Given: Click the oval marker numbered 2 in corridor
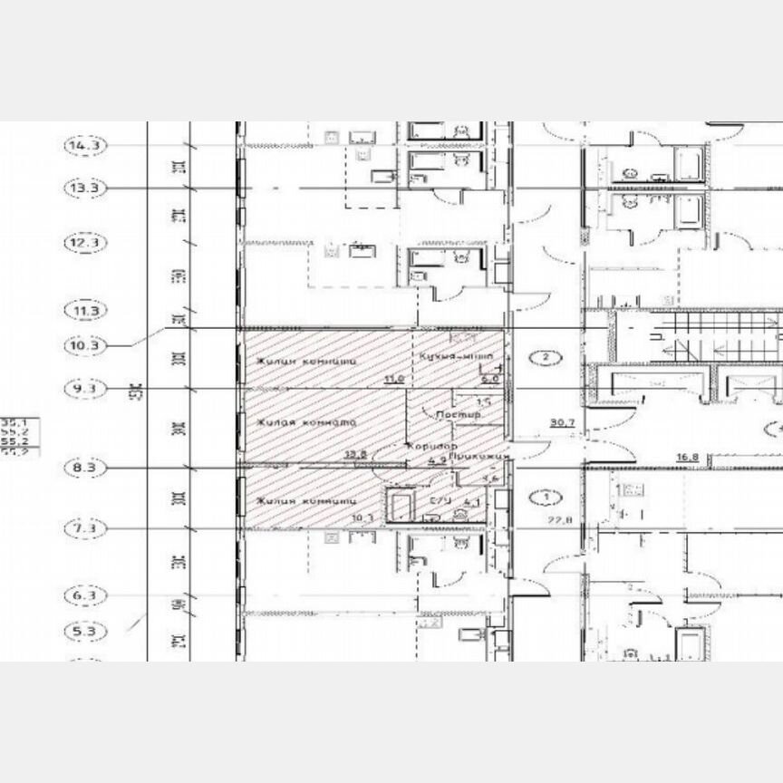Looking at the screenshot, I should pos(545,357).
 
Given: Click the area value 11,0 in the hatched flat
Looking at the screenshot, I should pos(393,381).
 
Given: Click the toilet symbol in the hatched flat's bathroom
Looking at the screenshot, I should pos(461,514).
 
